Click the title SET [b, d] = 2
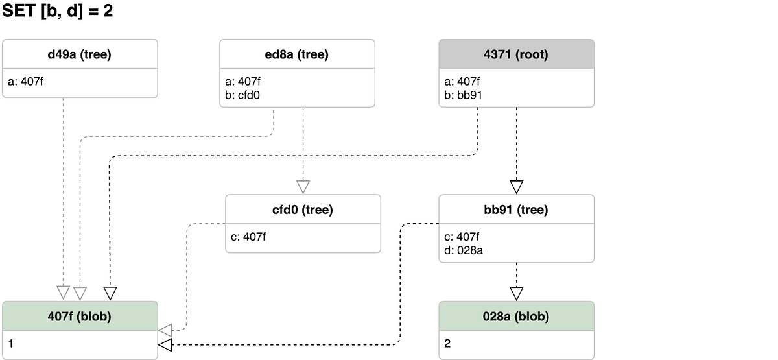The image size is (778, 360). pyautogui.click(x=58, y=11)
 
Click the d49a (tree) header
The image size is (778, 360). pyautogui.click(x=80, y=54)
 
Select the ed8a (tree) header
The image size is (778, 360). pyautogui.click(x=297, y=54)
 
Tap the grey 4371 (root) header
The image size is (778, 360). pyautogui.click(x=516, y=54)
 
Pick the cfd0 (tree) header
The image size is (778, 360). pyautogui.click(x=303, y=210)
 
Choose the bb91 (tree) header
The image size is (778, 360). pyautogui.click(x=516, y=210)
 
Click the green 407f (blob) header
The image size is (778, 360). pyautogui.click(x=80, y=317)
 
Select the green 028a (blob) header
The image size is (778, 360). pyautogui.click(x=516, y=317)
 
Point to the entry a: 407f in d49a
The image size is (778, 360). pyautogui.click(x=26, y=82)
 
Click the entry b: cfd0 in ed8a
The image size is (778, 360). pyautogui.click(x=244, y=95)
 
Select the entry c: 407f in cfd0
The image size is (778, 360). pyautogui.click(x=248, y=237)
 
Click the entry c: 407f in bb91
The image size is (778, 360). pyautogui.click(x=462, y=237)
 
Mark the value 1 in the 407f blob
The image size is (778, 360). pyautogui.click(x=11, y=344)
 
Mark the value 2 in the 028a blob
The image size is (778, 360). pyautogui.click(x=447, y=344)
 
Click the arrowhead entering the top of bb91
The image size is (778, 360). pyautogui.click(x=516, y=187)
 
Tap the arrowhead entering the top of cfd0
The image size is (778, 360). pyautogui.click(x=303, y=187)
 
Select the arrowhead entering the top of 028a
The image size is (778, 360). pyautogui.click(x=516, y=294)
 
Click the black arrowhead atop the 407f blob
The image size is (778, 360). pyautogui.click(x=110, y=294)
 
